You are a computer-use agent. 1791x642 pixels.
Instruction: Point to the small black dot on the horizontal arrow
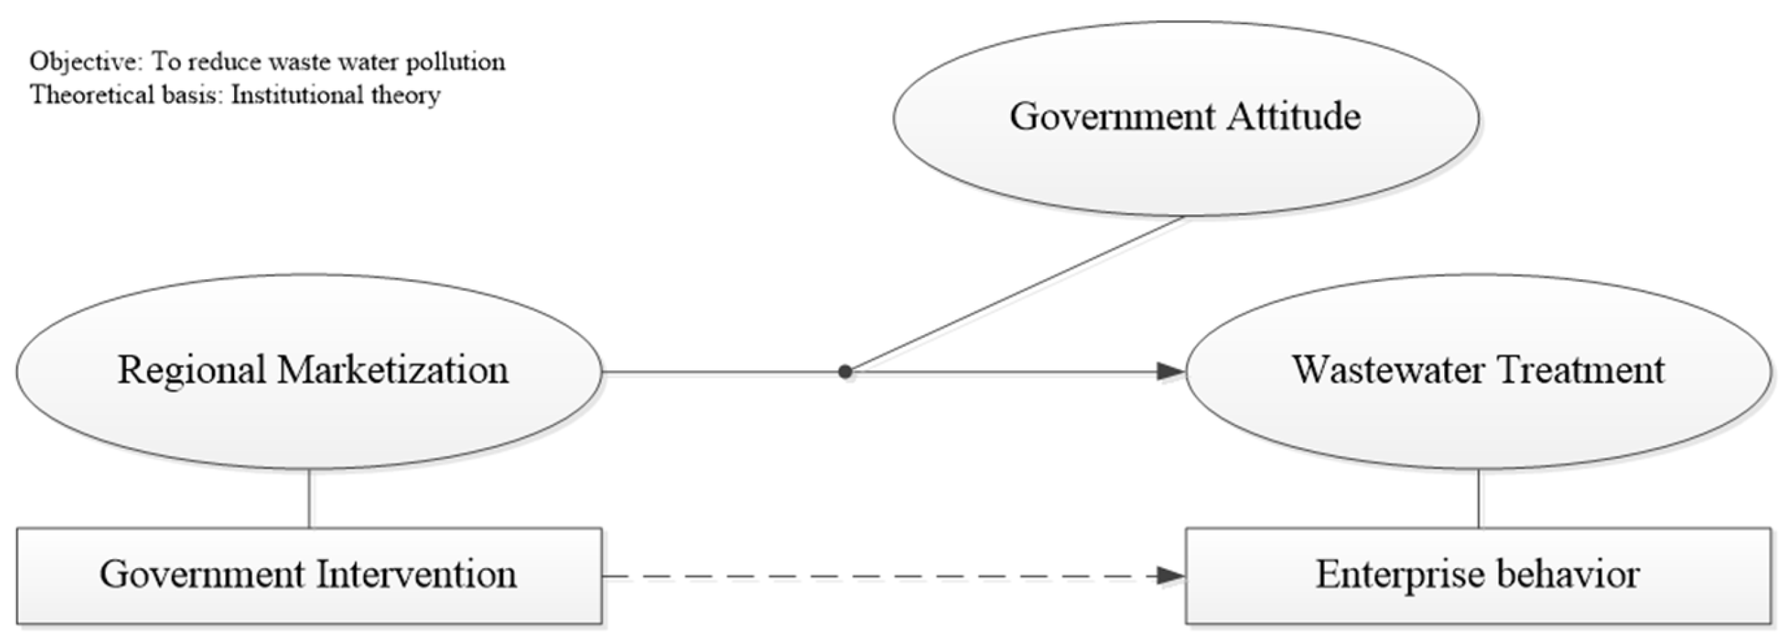click(x=845, y=372)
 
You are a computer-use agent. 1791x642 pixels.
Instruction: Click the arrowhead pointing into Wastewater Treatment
click(x=1171, y=372)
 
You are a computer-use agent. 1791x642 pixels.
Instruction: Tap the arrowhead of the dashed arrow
click(x=1171, y=576)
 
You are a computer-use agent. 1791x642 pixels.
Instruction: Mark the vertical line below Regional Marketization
click(x=309, y=498)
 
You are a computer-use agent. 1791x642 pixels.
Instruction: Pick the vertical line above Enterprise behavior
click(x=1478, y=498)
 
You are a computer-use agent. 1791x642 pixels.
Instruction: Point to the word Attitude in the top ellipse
click(x=1293, y=116)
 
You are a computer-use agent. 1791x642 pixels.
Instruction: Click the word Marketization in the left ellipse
click(x=393, y=369)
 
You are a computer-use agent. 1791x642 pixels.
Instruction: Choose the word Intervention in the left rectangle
click(x=416, y=574)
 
